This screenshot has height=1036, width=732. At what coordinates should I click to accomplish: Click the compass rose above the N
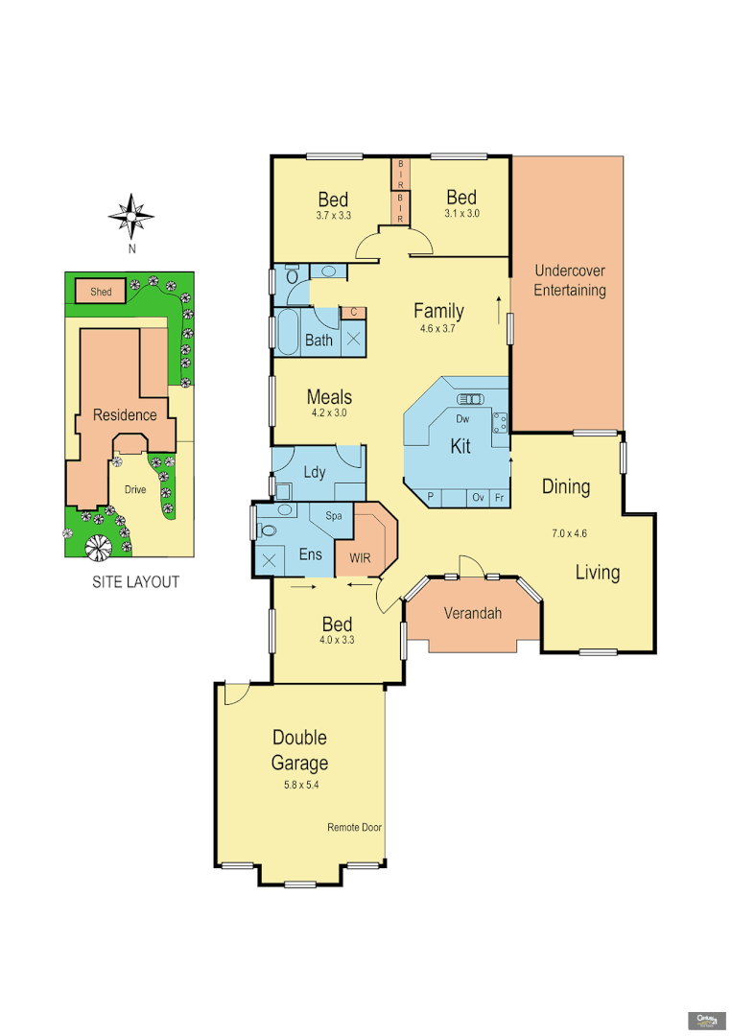(131, 216)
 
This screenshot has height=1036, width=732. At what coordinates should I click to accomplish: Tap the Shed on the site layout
(101, 292)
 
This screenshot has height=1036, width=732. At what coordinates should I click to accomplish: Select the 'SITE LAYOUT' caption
(135, 582)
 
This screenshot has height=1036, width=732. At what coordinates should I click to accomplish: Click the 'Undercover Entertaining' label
(569, 280)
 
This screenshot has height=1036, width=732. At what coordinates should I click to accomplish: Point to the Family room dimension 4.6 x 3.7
(439, 329)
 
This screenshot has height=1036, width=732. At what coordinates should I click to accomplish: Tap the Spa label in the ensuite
(334, 516)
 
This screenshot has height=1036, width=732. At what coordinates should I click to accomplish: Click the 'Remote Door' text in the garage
(355, 827)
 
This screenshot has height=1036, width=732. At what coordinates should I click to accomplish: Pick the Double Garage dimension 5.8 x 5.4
(300, 785)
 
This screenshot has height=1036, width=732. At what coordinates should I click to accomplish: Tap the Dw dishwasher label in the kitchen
(461, 420)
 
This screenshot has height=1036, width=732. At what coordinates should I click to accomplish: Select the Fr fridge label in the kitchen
(499, 497)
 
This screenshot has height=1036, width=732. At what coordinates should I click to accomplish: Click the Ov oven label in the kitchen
(477, 497)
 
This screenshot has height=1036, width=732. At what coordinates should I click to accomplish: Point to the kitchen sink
(470, 397)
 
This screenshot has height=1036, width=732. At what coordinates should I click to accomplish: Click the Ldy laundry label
(314, 472)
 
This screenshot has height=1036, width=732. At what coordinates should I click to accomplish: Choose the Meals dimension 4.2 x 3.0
(329, 413)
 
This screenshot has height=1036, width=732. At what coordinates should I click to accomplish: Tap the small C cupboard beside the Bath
(353, 313)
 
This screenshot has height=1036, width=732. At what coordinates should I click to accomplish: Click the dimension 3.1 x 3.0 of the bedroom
(461, 214)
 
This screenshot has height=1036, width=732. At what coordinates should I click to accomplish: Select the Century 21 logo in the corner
(706, 1018)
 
